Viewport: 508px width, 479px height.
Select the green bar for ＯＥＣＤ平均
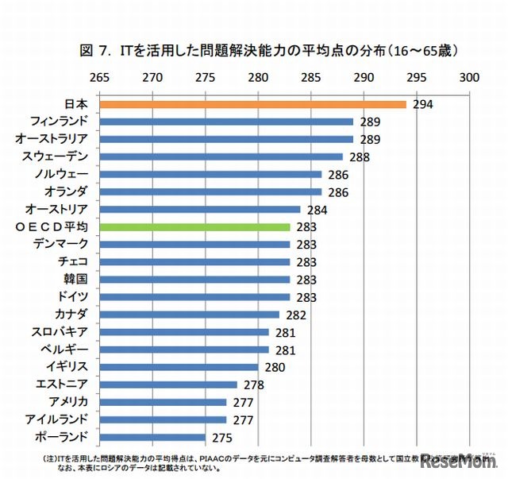point(194,226)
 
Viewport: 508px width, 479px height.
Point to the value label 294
point(421,105)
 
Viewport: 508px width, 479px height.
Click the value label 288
point(359,157)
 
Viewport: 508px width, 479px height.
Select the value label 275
point(221,437)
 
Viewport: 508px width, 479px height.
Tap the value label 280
point(274,367)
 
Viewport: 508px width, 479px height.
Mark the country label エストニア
point(66,384)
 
